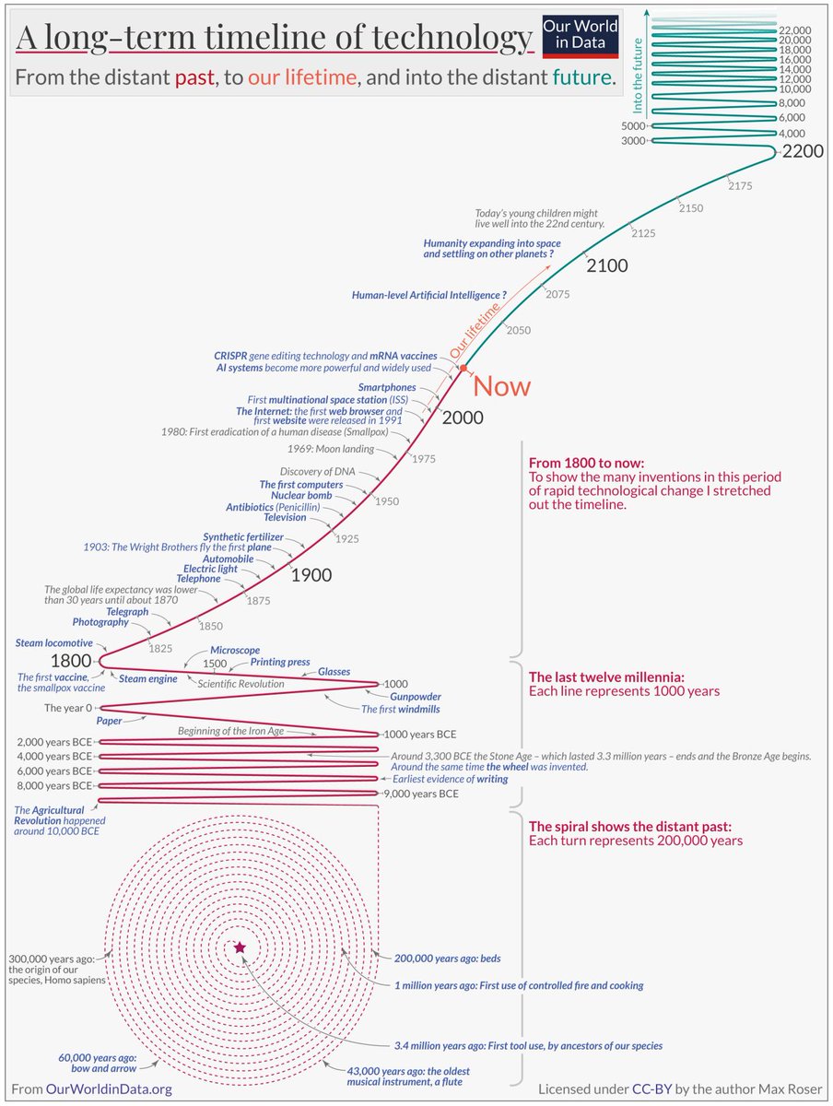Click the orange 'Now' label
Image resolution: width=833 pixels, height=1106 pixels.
[x=501, y=386]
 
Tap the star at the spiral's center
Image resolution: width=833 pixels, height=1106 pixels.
[x=241, y=947]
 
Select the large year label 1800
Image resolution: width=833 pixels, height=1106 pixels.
[x=72, y=661]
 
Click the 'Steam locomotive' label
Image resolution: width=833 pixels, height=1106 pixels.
[x=54, y=642]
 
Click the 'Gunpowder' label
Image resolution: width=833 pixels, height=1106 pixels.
[x=415, y=697]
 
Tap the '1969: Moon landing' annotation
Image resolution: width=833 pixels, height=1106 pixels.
[x=332, y=450]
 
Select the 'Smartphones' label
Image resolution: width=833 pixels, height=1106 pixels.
[x=387, y=388]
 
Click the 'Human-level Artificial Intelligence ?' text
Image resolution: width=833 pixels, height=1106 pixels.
[x=429, y=295]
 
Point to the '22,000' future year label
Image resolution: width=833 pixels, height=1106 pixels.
[x=794, y=30]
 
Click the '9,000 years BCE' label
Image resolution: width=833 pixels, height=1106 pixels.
[x=421, y=793]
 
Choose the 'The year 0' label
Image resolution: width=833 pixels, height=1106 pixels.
[x=68, y=708]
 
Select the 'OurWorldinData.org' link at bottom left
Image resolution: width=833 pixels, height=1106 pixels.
[x=110, y=1088]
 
